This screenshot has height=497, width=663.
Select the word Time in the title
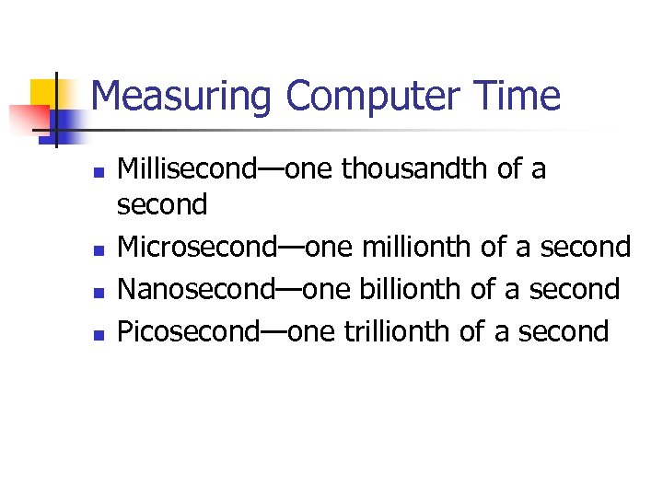point(527,96)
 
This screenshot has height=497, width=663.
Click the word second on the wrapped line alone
point(163,204)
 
